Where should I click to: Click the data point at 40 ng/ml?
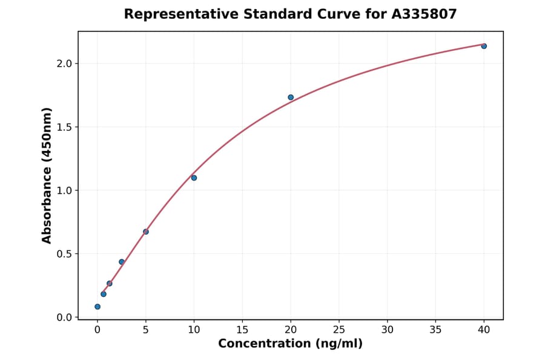click(484, 46)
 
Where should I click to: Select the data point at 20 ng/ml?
click(291, 97)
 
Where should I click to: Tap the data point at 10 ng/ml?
click(194, 178)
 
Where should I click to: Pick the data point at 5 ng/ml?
click(146, 232)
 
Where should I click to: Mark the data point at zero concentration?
click(97, 307)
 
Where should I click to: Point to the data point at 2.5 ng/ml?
click(122, 262)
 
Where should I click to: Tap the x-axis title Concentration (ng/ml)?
click(290, 344)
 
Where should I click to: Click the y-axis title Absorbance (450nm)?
click(47, 175)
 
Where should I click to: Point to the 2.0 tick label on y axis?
click(64, 64)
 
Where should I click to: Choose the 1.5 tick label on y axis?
click(64, 127)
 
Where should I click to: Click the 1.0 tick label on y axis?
click(64, 190)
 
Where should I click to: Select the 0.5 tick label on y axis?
click(64, 254)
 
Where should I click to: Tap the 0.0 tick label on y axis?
click(64, 318)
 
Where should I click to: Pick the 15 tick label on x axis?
click(242, 330)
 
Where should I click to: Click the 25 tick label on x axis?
click(339, 330)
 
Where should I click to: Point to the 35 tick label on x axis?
click(435, 330)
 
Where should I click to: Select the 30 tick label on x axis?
click(388, 330)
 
